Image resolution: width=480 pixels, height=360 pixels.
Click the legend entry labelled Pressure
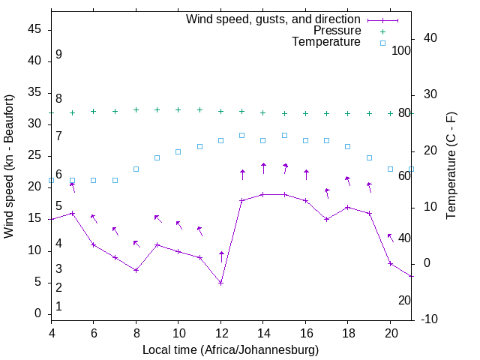(x=337, y=31)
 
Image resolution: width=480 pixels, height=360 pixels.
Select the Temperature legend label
(x=326, y=43)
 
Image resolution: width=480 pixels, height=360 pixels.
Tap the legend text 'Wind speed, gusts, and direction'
(x=274, y=19)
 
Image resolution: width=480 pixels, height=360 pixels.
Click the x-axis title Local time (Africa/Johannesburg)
(x=230, y=350)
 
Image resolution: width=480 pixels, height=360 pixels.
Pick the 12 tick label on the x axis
(x=220, y=333)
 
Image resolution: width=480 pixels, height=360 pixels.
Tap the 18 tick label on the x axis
(x=347, y=333)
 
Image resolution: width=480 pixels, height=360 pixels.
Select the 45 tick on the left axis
(x=34, y=29)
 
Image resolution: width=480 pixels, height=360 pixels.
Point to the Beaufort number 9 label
(x=58, y=55)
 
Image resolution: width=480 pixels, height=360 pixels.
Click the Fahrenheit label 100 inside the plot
(x=402, y=50)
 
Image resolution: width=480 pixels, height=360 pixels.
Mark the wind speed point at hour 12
(x=220, y=283)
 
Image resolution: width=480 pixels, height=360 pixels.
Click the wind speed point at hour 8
(x=136, y=270)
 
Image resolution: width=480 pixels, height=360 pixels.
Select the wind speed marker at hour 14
(x=263, y=194)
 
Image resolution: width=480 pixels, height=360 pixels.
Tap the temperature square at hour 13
(x=241, y=135)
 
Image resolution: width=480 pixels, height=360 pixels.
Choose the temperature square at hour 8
(x=136, y=169)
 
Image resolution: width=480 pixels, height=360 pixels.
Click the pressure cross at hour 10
(x=178, y=109)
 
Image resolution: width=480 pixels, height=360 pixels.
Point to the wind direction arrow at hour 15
(x=285, y=169)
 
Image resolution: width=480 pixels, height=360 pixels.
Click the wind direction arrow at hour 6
(x=94, y=219)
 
